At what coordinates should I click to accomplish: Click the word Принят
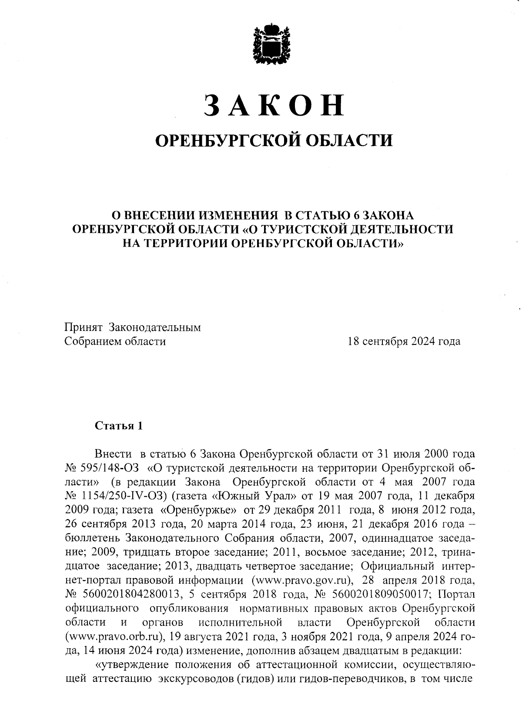(83, 327)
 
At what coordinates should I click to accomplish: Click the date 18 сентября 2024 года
(404, 341)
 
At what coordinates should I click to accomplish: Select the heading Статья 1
(119, 425)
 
